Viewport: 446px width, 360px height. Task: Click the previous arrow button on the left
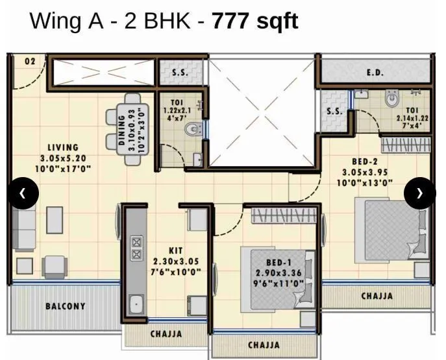click(x=23, y=193)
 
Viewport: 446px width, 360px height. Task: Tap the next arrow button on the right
click(x=419, y=193)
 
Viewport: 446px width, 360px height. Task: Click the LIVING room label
click(x=62, y=148)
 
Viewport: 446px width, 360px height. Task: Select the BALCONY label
click(x=65, y=306)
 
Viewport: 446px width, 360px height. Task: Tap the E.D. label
click(x=375, y=73)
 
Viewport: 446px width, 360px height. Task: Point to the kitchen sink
click(x=136, y=304)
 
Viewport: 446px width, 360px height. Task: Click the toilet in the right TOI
click(x=393, y=99)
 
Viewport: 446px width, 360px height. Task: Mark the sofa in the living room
click(x=24, y=230)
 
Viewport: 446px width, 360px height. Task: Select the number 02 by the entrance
click(x=30, y=61)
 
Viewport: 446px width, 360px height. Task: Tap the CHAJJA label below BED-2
click(x=377, y=296)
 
